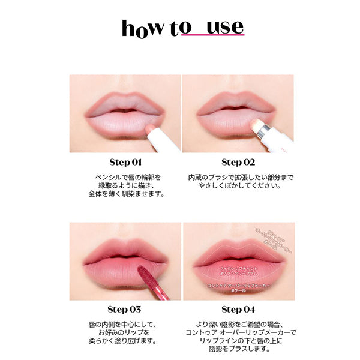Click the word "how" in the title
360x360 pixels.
142,28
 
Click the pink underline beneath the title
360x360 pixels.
204,38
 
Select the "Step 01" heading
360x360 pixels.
125,162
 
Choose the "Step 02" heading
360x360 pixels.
238,162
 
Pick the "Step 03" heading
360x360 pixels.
125,310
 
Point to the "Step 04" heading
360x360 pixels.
238,310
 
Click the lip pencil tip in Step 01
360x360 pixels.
149,128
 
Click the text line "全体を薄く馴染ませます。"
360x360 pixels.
125,194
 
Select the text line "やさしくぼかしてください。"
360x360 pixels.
238,185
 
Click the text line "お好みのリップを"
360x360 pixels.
125,333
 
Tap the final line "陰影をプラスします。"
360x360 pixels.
238,350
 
